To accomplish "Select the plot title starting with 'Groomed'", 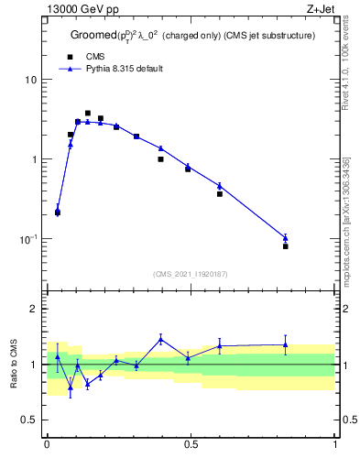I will pos(193,36).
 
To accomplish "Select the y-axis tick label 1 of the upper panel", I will pos(34,159).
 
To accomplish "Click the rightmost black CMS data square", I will pos(285,246).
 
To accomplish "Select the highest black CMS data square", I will pos(88,114).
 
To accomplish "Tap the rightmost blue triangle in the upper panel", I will pos(285,238).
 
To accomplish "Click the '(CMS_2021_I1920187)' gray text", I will pos(191,274).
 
